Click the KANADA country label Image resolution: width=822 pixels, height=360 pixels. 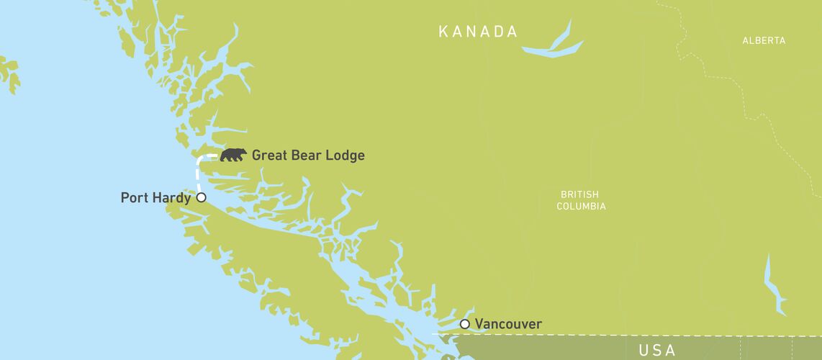(x=478, y=32)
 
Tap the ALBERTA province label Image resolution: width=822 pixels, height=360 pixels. (x=764, y=41)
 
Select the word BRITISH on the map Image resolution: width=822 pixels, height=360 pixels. (x=579, y=194)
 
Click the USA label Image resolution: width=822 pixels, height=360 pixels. (x=656, y=351)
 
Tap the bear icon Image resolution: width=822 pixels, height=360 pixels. (x=233, y=155)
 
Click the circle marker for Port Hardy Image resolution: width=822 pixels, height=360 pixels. (x=202, y=197)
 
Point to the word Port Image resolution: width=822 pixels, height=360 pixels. (x=135, y=197)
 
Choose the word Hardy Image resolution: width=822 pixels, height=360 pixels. (x=171, y=198)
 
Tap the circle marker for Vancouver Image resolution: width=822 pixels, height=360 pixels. (x=465, y=324)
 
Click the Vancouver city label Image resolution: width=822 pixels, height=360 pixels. (x=508, y=324)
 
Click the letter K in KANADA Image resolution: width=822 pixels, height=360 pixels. (x=444, y=32)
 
